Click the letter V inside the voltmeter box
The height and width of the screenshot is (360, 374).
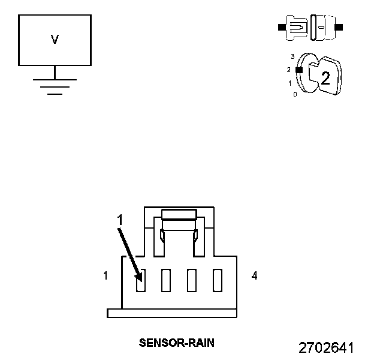pos(55,40)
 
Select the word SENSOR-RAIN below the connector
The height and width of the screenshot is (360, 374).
pos(177,343)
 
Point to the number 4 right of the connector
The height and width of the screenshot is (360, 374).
pos(255,276)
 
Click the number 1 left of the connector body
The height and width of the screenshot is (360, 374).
pos(105,276)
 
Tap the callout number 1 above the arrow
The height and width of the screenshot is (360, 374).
pos(120,220)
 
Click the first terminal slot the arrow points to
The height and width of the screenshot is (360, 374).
pos(140,280)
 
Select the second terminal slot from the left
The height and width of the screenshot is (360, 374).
pos(166,280)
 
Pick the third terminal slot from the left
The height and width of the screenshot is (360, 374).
pos(192,280)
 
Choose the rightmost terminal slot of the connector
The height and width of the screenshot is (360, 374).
pos(218,280)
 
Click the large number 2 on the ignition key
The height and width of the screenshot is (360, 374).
pos(325,78)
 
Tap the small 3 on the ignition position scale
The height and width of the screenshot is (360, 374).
pos(292,56)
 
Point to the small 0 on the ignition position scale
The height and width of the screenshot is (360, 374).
pos(295,95)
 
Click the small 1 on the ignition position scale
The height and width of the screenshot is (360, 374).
pos(290,83)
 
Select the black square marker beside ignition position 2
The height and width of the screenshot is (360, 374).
pos(298,70)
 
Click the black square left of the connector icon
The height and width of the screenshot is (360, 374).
pos(280,28)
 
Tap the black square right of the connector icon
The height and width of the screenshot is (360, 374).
pos(340,28)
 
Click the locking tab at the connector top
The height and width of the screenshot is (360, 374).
pos(179,214)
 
